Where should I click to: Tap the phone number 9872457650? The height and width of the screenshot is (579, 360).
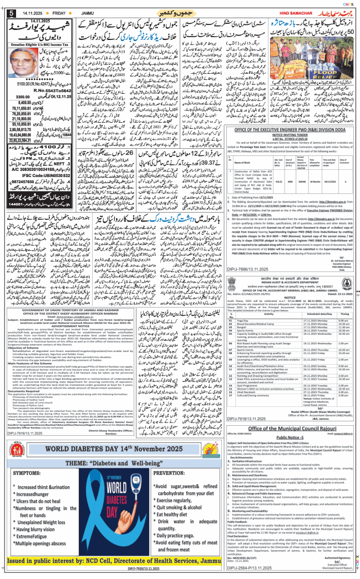tap(28, 198)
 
